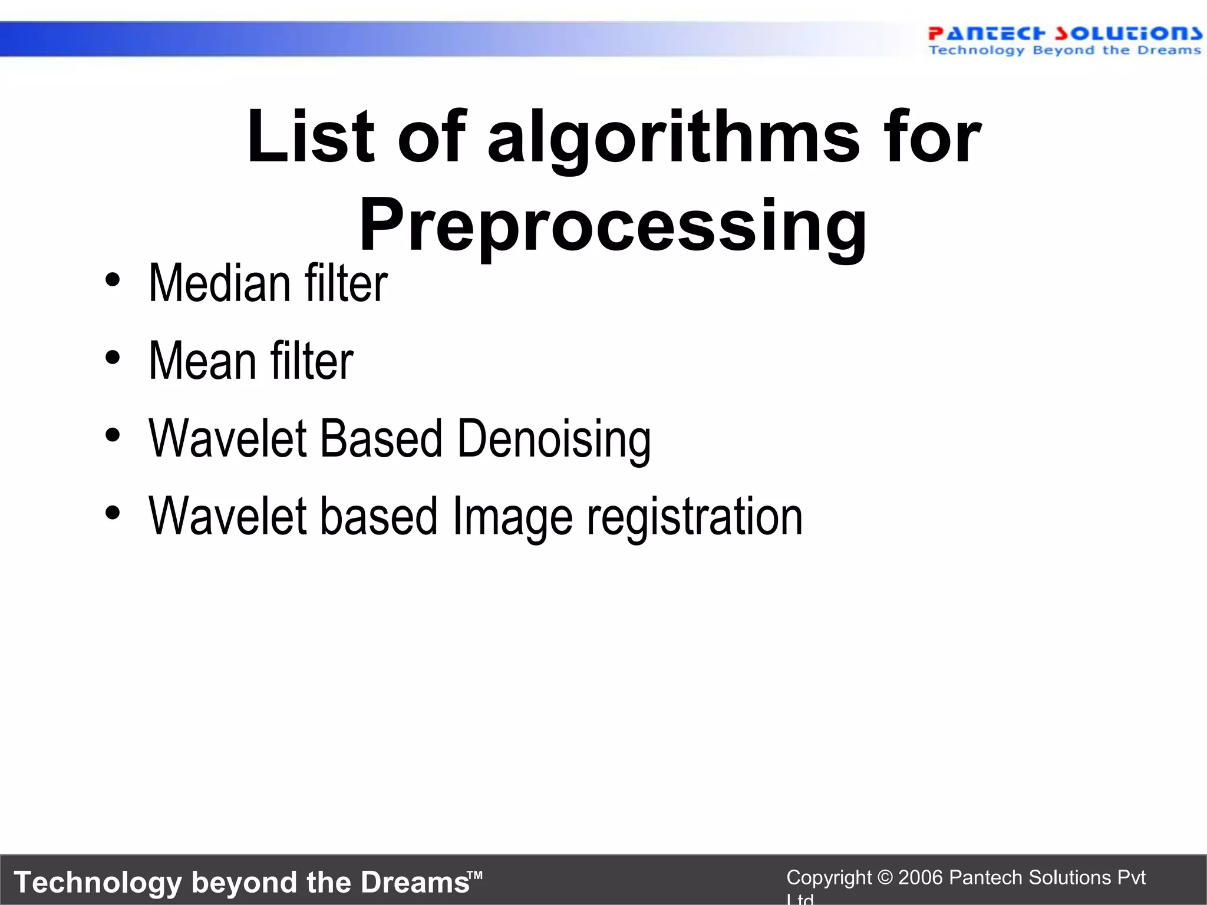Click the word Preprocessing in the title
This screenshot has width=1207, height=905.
click(x=613, y=225)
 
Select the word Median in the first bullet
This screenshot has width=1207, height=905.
click(x=219, y=284)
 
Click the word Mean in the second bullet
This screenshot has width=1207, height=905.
click(x=202, y=361)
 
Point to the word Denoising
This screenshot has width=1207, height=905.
click(x=554, y=439)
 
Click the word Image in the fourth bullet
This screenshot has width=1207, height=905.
click(x=512, y=517)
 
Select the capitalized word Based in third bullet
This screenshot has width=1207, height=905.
click(x=381, y=439)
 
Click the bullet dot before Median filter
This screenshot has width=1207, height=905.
click(x=113, y=280)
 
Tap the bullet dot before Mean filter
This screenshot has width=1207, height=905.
click(x=113, y=357)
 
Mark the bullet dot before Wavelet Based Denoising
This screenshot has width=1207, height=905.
click(x=113, y=435)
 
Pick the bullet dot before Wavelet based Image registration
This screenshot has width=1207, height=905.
click(x=113, y=512)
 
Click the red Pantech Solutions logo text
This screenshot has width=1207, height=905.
click(x=1064, y=34)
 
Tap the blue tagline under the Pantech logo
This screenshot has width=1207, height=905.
click(x=1064, y=51)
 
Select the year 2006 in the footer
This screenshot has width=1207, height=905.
click(x=921, y=878)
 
